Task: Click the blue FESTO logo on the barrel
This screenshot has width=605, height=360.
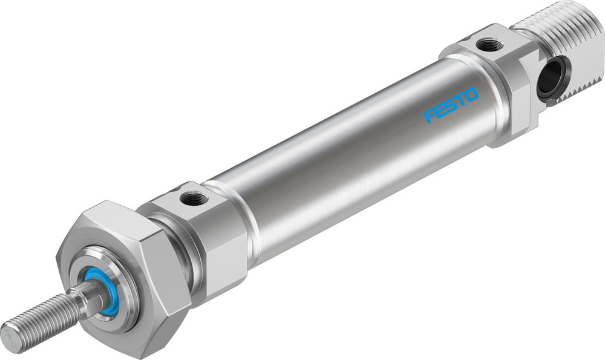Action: tap(451, 105)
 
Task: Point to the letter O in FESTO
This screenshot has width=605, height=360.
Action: tap(471, 95)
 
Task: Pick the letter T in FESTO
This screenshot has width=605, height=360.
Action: tap(460, 100)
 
